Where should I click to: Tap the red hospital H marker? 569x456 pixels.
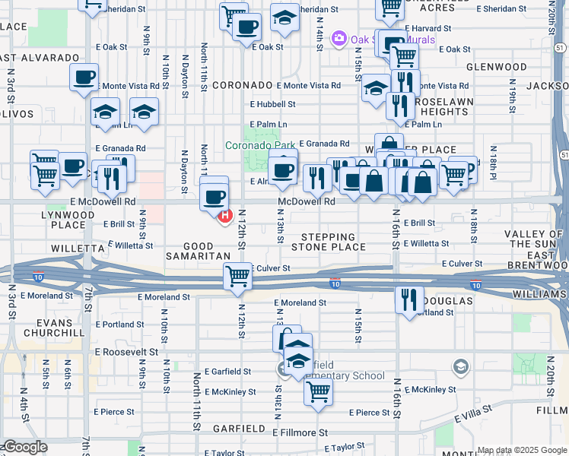pos(225,217)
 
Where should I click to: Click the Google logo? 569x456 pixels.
pos(24,447)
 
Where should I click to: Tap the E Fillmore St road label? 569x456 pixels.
pos(300,432)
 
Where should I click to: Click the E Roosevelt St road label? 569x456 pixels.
pos(126,352)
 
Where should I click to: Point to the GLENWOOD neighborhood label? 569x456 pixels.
pos(496,67)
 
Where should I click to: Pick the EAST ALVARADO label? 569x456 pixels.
pos(40,58)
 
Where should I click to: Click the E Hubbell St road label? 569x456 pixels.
pos(272,104)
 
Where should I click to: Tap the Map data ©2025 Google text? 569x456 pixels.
pos(521,450)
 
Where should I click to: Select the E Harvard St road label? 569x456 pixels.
pos(428,28)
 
